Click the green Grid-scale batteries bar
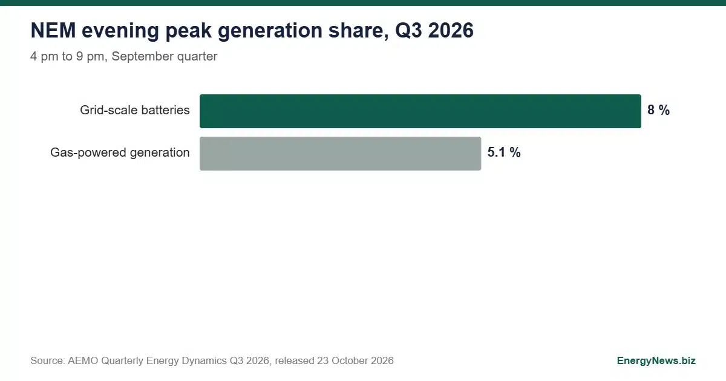[x=420, y=111]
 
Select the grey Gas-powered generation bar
[x=340, y=154]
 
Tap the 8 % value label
[x=659, y=110]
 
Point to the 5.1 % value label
[x=504, y=152]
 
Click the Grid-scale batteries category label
[x=135, y=110]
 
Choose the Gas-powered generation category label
[x=120, y=152]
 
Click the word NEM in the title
[x=53, y=30]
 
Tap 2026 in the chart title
[x=451, y=30]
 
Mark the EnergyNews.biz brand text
[x=656, y=361]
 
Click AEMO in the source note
[x=83, y=360]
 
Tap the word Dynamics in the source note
[x=204, y=361]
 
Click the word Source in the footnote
[x=48, y=360]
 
